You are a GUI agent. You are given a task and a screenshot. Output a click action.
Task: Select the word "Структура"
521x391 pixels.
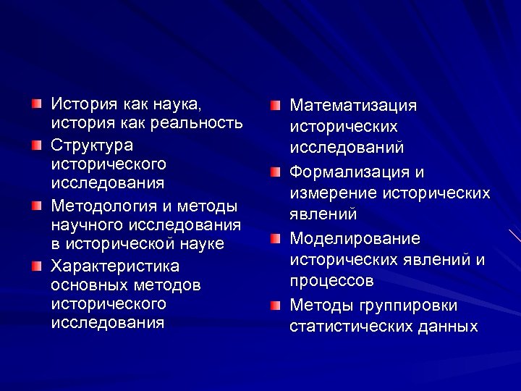[x=92, y=144]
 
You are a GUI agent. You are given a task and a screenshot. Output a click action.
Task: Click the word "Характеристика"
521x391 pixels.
[x=115, y=265]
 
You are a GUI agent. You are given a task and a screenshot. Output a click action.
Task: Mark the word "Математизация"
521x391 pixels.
[x=353, y=106]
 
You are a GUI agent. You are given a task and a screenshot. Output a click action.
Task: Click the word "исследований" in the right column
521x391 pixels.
[x=347, y=147]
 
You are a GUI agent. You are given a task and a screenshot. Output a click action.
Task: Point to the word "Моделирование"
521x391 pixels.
[x=355, y=239]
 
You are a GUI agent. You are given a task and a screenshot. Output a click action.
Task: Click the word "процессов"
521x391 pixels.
[x=331, y=280]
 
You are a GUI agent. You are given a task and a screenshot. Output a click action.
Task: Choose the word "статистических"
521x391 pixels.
[x=350, y=326]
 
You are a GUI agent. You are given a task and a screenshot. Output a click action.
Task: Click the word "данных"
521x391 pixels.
[x=447, y=326]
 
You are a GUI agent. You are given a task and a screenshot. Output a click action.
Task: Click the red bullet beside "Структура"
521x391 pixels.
[x=37, y=145]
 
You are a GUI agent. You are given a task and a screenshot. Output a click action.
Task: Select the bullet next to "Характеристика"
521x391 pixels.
[x=37, y=266]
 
